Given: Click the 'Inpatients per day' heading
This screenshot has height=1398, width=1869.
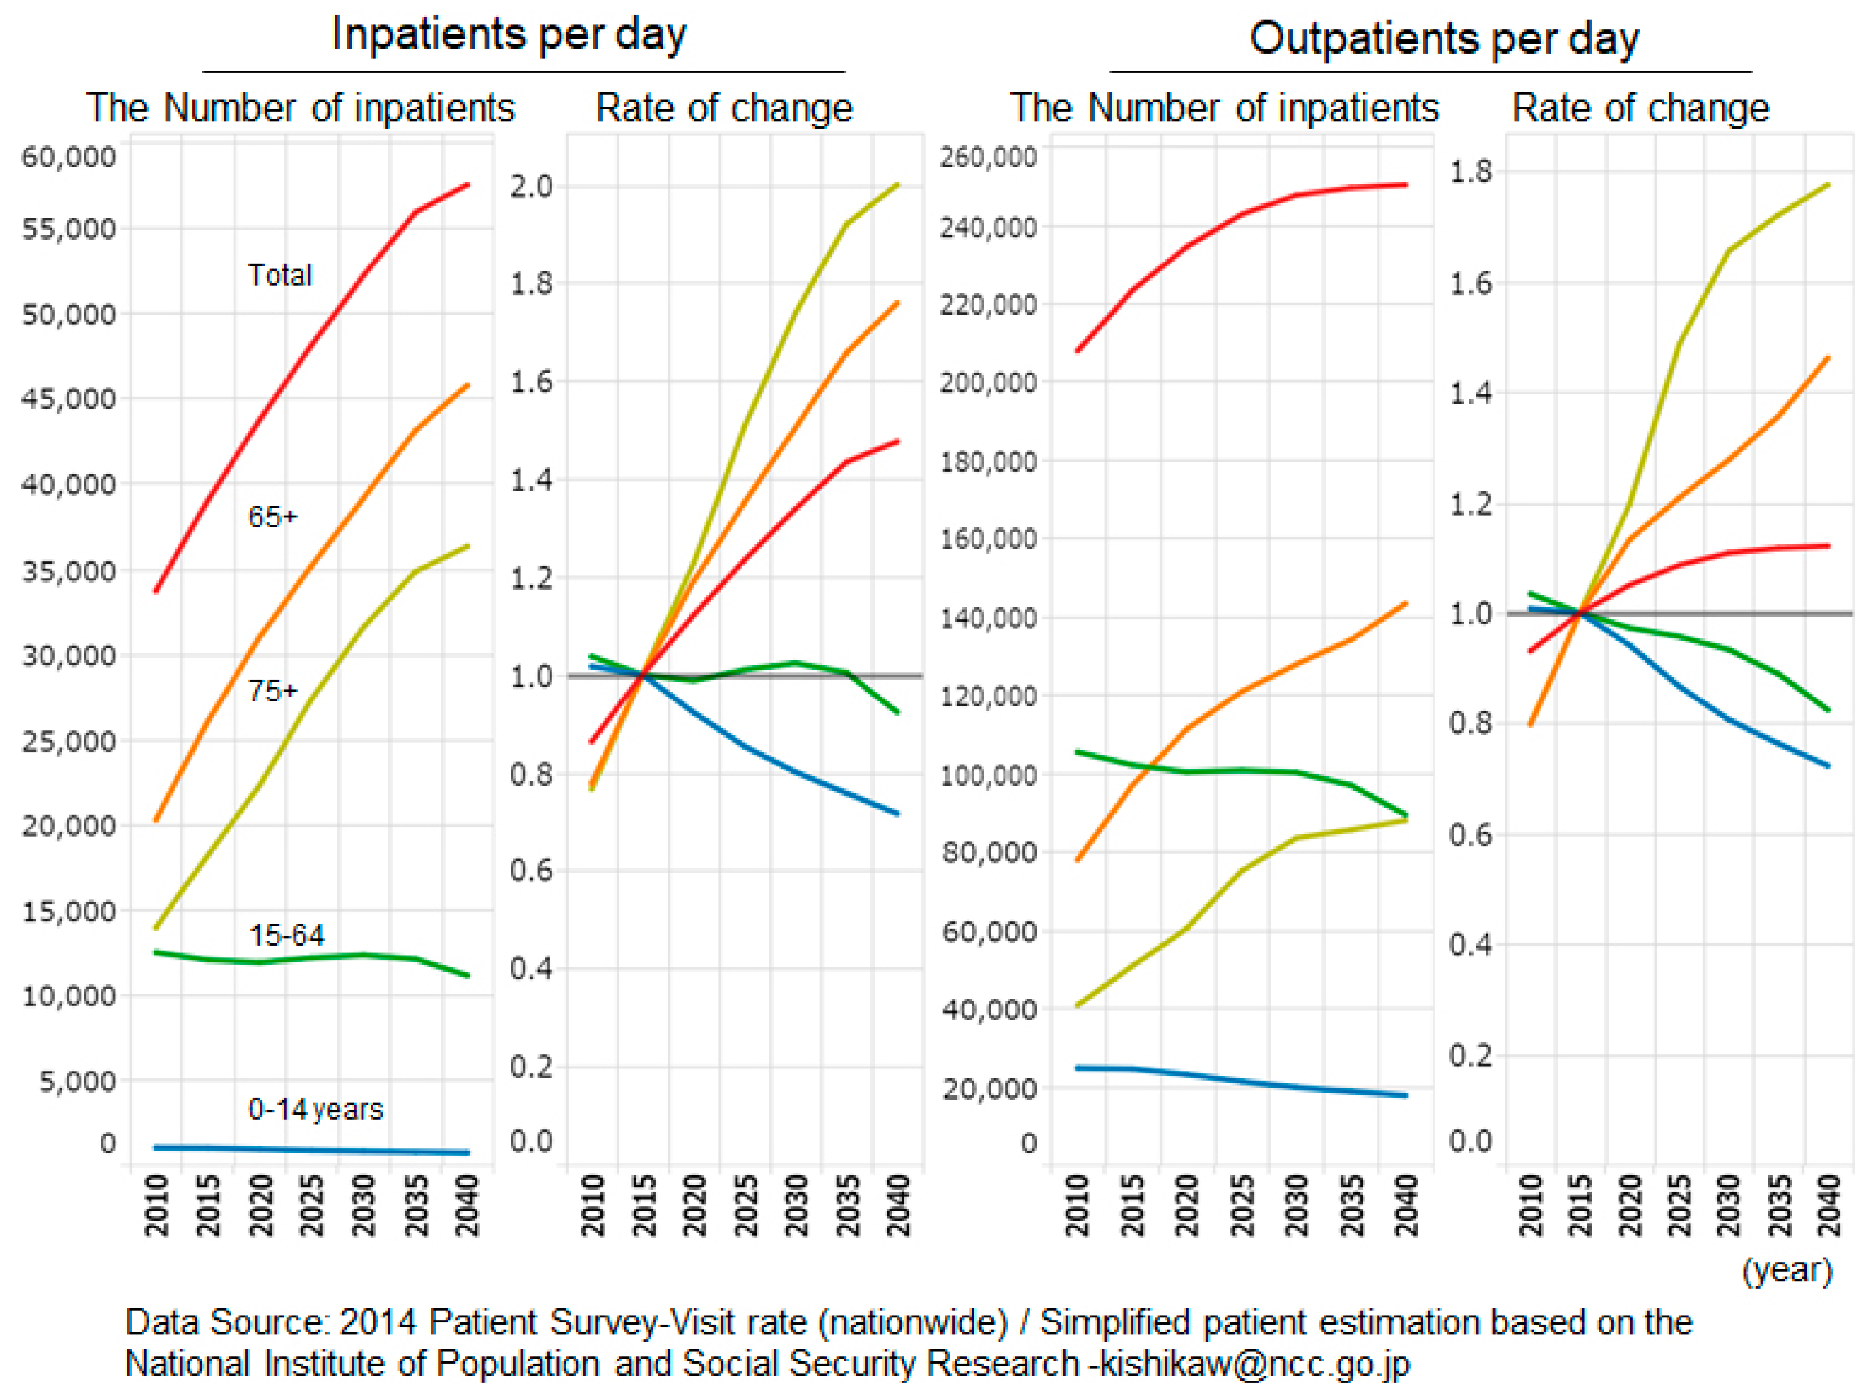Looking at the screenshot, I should tap(509, 36).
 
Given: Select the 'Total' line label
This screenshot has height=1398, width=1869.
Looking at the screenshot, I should tap(280, 275).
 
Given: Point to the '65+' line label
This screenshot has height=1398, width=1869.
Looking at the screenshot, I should tap(273, 516).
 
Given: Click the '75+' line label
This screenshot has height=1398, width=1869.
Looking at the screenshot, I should tap(273, 691).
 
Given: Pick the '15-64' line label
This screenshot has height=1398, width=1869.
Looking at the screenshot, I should tap(287, 935).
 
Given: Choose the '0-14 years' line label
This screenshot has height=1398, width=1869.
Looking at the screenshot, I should tap(315, 1109).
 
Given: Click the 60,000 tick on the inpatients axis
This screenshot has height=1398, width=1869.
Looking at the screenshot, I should tap(69, 157).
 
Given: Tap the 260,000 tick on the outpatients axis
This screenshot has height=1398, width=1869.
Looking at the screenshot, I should tap(988, 157).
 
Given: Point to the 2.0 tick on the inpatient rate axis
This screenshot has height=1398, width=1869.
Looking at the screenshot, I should tap(531, 186).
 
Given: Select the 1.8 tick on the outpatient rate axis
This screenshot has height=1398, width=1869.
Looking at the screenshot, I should tap(1471, 172).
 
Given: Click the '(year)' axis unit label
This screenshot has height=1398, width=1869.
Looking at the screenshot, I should tap(1787, 1271).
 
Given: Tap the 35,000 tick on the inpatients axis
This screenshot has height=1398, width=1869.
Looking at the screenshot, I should tap(69, 572).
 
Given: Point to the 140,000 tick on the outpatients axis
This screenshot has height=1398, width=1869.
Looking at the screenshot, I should tap(988, 618).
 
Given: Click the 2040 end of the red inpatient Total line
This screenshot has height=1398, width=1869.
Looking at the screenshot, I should tap(468, 184).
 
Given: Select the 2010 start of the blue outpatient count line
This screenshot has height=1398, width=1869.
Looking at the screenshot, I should tap(1077, 1068).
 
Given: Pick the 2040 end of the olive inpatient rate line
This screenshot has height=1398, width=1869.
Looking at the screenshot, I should tap(897, 184).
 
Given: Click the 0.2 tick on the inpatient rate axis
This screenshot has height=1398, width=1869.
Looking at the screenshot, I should tap(531, 1066).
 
